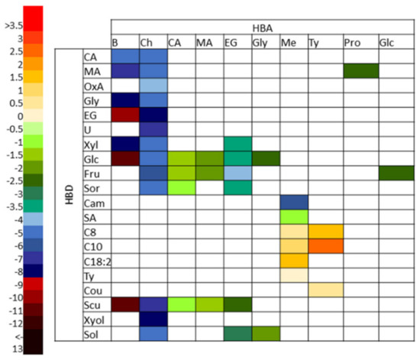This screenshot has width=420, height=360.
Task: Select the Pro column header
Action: click(x=352, y=41)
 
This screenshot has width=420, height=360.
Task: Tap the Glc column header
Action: click(x=388, y=41)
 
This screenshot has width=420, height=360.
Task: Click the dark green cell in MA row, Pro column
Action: click(x=360, y=70)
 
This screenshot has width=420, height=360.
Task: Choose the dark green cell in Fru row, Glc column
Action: click(x=395, y=173)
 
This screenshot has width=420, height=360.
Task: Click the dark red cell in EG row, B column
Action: click(x=124, y=114)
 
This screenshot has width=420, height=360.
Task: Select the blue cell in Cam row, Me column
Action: click(x=295, y=202)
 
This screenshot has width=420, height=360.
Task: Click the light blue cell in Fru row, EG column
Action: click(x=237, y=173)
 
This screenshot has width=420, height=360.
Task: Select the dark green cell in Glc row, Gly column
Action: click(x=266, y=158)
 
